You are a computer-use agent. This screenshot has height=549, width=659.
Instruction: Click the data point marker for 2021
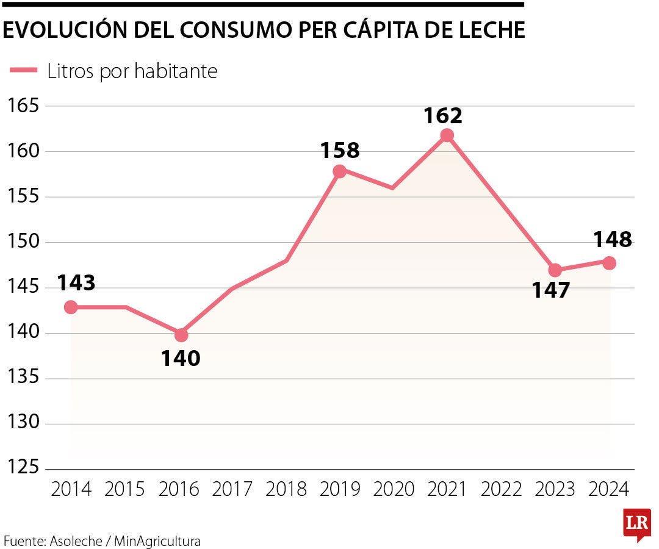[x=447, y=135]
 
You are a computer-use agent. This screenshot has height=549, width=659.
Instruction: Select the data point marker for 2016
[x=181, y=335]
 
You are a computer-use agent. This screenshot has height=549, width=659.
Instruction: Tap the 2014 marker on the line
[x=71, y=307]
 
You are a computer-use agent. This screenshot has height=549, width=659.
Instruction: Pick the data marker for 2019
[x=340, y=171]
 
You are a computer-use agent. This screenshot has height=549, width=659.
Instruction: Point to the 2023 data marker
[x=555, y=270]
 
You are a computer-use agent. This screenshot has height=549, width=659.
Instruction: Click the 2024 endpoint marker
[x=609, y=263]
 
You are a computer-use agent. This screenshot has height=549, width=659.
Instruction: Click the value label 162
[x=444, y=115]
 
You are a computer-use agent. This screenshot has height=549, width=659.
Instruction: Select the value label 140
[x=181, y=359]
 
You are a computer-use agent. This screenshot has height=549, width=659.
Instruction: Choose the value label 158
[x=340, y=150]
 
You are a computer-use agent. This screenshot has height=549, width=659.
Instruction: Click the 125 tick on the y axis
[x=23, y=468]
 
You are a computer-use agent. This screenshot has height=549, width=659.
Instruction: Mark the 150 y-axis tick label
[x=23, y=242]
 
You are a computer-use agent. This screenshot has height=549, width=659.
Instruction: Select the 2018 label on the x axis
[x=286, y=489]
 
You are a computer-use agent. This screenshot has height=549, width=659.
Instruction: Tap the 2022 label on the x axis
[x=501, y=489]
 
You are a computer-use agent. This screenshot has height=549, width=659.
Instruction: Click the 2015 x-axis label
[x=125, y=489]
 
